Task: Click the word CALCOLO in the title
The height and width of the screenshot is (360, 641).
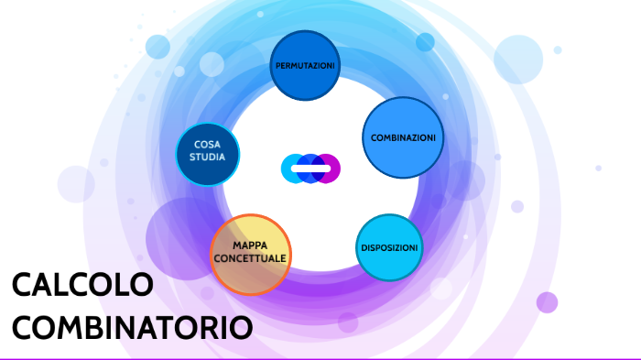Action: coord(82,286)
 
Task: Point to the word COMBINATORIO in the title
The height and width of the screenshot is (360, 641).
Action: coord(132,327)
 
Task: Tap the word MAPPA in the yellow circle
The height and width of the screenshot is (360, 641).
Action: coord(250,246)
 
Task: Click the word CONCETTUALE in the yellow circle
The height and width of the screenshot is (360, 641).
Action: coord(250,258)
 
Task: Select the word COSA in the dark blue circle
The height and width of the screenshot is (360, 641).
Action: coord(207,145)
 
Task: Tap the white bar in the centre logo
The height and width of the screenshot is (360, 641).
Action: coord(310,169)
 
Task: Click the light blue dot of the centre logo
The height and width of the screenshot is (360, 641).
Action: coord(291,169)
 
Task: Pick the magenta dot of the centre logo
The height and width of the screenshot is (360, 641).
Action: coord(330,169)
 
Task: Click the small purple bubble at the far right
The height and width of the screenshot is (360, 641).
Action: coord(547,302)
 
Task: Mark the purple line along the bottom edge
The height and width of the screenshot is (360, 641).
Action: coord(320,358)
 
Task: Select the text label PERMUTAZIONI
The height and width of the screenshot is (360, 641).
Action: coord(306,67)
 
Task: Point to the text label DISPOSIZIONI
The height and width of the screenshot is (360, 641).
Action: coord(389,248)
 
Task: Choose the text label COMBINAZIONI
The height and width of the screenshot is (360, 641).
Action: coord(403,137)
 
